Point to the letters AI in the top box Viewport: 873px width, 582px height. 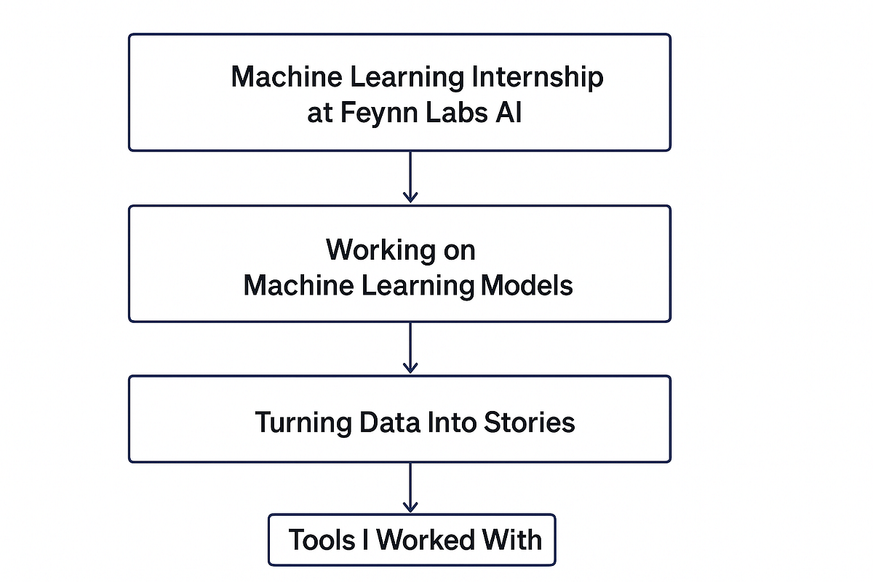pyautogui.click(x=509, y=114)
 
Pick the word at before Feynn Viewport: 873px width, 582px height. pyautogui.click(x=319, y=115)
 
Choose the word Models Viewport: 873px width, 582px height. pyautogui.click(x=527, y=285)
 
